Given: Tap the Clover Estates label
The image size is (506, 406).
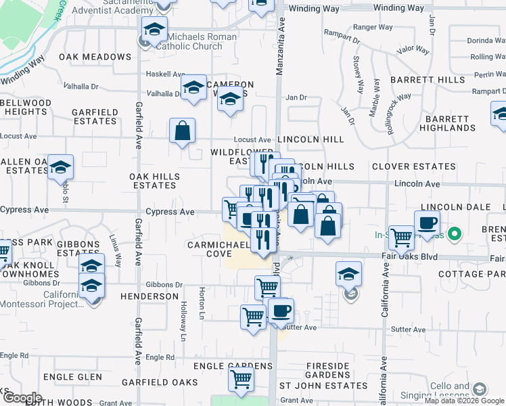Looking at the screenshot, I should click(x=413, y=166).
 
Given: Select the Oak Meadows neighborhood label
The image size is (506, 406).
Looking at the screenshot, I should click(x=95, y=57).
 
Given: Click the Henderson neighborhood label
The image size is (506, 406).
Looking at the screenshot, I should click(x=149, y=296).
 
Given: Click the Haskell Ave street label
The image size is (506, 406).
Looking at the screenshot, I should click(x=166, y=74).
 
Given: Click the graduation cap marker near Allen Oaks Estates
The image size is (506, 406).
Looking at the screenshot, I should click(x=61, y=166).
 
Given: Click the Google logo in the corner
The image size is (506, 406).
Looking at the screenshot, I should click(x=22, y=398).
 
